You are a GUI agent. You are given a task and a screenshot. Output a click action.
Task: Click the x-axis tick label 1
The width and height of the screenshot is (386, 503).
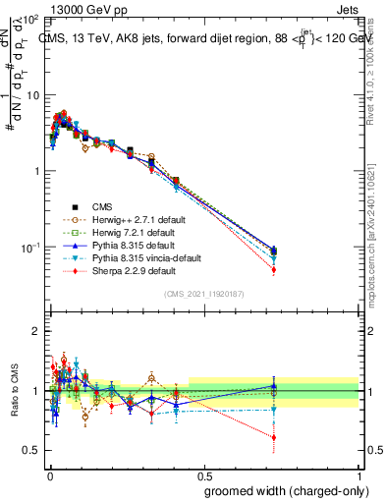[x=358, y=475]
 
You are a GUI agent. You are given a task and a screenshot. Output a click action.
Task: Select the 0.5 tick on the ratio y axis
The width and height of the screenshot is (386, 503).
[x=31, y=450]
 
